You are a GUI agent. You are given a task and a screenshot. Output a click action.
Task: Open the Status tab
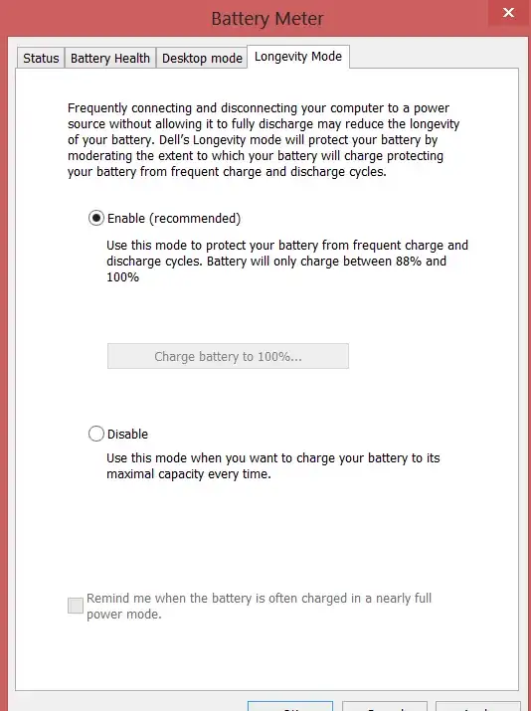pyautogui.click(x=41, y=59)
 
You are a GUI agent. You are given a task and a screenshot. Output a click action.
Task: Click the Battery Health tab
pyautogui.click(x=110, y=59)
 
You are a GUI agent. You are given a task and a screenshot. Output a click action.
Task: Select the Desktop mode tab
pyautogui.click(x=202, y=59)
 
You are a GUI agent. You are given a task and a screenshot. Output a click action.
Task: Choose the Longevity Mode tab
pyautogui.click(x=297, y=57)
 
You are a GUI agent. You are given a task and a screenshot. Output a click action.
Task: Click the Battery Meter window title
pyautogui.click(x=266, y=19)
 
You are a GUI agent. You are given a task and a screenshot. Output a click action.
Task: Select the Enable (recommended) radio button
pyautogui.click(x=96, y=218)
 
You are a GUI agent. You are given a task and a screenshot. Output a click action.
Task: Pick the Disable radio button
pyautogui.click(x=96, y=434)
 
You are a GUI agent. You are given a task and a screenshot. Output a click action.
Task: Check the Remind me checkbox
pyautogui.click(x=76, y=606)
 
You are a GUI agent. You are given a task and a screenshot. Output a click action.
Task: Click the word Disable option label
pyautogui.click(x=127, y=435)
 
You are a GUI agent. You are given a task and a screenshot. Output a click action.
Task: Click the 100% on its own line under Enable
pyautogui.click(x=122, y=277)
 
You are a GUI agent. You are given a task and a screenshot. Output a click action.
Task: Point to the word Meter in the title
pyautogui.click(x=300, y=19)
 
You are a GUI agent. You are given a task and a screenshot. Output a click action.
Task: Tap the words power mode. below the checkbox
pyautogui.click(x=124, y=615)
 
